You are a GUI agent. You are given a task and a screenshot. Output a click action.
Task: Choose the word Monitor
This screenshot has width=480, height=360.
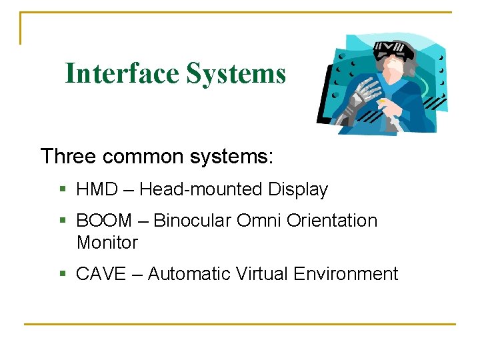(107, 243)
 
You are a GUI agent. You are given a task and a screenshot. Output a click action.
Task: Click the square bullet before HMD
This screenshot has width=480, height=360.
(63, 190)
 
